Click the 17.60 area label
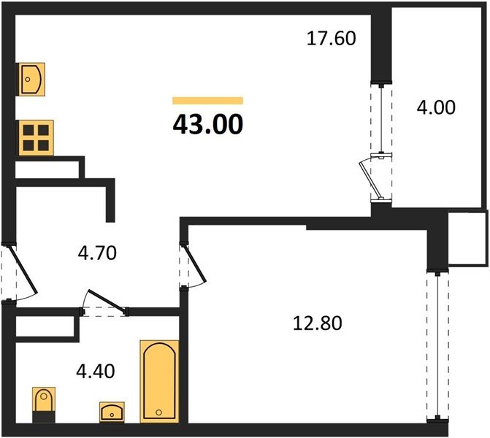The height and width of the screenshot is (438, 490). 332,39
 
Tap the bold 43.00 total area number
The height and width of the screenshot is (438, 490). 208,124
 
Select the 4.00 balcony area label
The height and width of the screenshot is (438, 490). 436,107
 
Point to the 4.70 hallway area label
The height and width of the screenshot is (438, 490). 97,253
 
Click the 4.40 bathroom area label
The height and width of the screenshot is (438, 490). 96,372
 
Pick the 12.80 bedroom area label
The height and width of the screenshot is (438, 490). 318,323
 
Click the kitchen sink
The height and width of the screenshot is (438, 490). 32,80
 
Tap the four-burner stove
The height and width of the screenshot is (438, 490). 37,138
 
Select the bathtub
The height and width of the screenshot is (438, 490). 159,382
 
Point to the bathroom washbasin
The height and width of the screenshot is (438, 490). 112,412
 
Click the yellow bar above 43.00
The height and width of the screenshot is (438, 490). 208,101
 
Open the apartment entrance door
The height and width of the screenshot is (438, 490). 23,270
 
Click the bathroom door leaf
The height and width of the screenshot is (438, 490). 107,301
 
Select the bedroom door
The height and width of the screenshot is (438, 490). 196,263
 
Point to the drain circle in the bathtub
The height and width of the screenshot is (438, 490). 158,412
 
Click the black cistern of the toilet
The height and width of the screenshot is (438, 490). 44,417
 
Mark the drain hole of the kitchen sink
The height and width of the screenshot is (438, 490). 28,80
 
